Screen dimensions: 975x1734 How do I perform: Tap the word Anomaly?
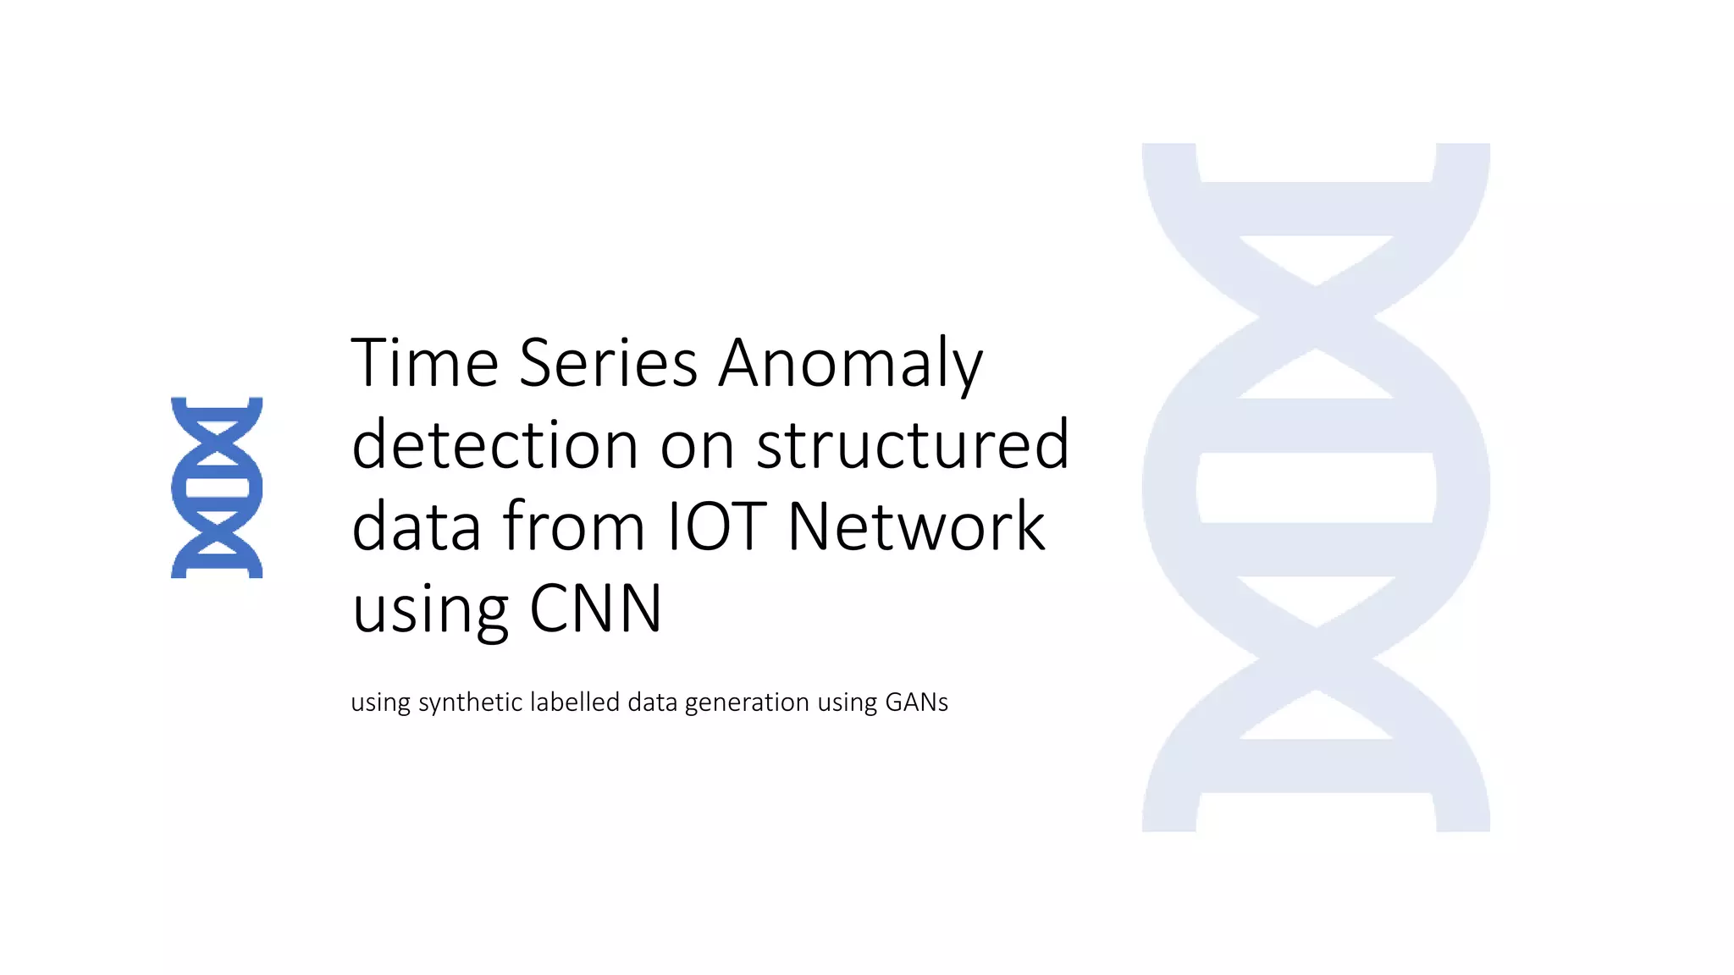pyautogui.click(x=851, y=364)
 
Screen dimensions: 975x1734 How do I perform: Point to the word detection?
pyautogui.click(x=494, y=444)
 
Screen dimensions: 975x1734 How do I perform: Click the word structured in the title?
pyautogui.click(x=913, y=444)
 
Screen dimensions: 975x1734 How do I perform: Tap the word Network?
pyautogui.click(x=916, y=526)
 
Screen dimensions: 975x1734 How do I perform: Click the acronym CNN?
pyautogui.click(x=595, y=608)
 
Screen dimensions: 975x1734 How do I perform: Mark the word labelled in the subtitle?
pyautogui.click(x=575, y=702)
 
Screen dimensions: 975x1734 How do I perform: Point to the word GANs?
pyautogui.click(x=916, y=702)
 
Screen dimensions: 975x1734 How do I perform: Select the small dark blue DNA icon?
pyautogui.click(x=217, y=487)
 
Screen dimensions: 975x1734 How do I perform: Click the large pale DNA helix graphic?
pyautogui.click(x=1316, y=487)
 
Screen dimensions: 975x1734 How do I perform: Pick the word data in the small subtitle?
pyautogui.click(x=652, y=702)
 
